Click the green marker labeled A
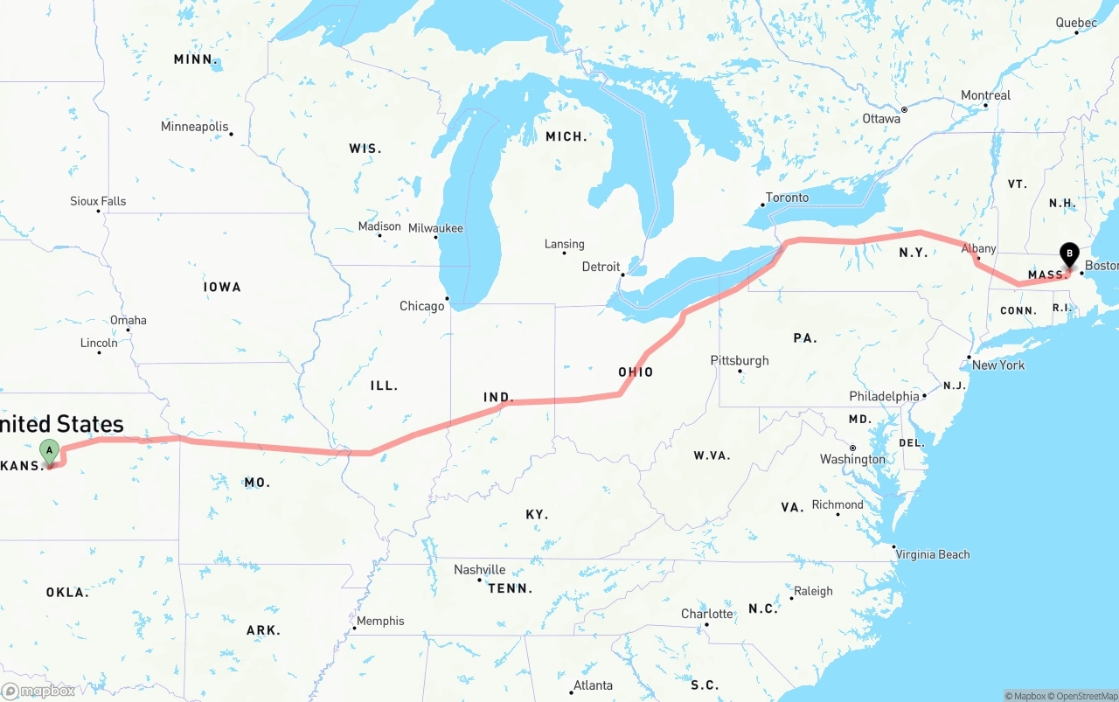50,452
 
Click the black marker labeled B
1068,254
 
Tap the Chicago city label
422,306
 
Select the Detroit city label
601,267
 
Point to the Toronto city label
787,198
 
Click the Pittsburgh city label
740,360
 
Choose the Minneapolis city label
194,127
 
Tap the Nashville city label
479,569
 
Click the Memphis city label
380,621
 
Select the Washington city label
852,459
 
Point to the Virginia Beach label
933,554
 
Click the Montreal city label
985,95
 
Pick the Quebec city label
1076,23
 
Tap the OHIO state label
636,372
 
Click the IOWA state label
222,287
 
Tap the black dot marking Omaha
128,330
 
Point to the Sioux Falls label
98,201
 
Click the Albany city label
978,249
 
